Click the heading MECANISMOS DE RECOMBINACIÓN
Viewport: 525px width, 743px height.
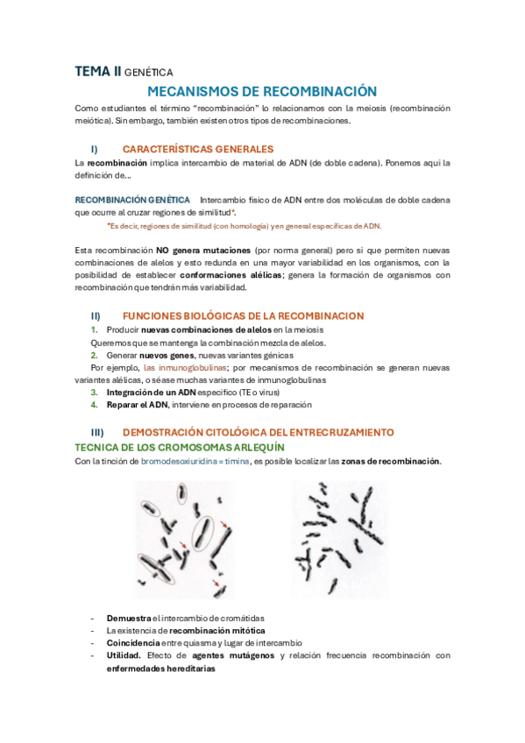click(261, 91)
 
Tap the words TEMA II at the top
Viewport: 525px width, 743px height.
click(97, 73)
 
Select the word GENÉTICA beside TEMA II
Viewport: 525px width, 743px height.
click(149, 74)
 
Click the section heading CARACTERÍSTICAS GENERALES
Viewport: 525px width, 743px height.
click(198, 149)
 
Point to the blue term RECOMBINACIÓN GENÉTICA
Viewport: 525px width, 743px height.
click(132, 200)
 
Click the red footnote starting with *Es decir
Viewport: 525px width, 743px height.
click(244, 225)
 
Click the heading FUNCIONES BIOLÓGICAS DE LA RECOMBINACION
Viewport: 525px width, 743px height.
click(244, 315)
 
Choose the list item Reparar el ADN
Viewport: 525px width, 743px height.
click(138, 405)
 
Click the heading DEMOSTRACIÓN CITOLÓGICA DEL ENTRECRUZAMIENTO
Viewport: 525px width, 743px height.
click(258, 433)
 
